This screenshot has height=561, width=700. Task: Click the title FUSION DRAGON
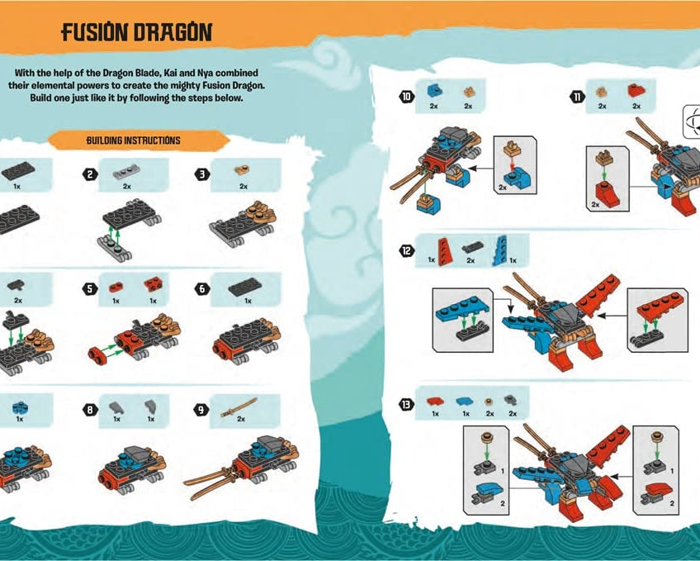point(136,33)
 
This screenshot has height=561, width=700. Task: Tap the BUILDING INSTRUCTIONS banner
point(133,140)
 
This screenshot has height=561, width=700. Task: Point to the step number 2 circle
point(88,174)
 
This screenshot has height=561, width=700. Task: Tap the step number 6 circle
point(201,289)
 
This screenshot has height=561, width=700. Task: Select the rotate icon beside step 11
point(692,121)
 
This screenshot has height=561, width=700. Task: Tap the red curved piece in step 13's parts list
point(434,401)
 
